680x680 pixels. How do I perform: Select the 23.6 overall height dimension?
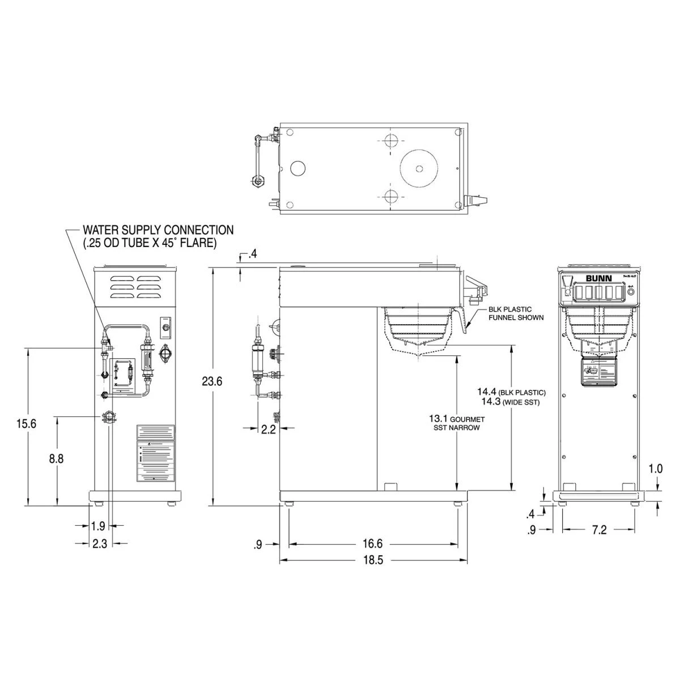[x=212, y=381]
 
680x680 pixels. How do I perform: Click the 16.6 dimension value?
[x=372, y=544]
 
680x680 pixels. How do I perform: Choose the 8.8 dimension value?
[x=56, y=459]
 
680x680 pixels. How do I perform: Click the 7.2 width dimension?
[x=599, y=530]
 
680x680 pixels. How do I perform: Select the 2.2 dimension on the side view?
[x=269, y=430]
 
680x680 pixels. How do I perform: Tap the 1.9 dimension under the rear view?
[x=97, y=526]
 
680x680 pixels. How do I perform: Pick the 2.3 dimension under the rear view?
[x=99, y=543]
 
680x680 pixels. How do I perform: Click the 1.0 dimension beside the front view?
[x=656, y=469]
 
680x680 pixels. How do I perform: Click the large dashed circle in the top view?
[x=419, y=168]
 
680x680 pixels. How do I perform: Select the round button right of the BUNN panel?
[x=631, y=292]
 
